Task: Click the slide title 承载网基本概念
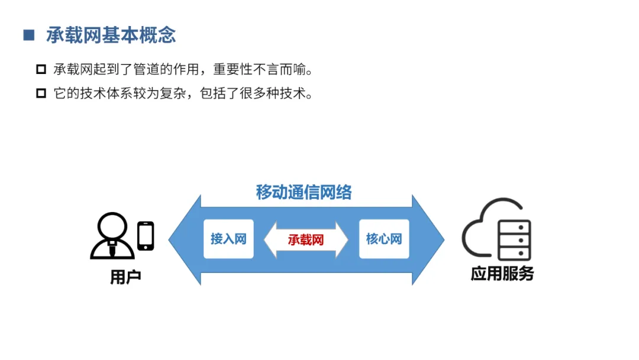point(111,35)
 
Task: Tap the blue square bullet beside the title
point(29,35)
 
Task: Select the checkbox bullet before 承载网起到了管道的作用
point(41,69)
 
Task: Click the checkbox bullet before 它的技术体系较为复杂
point(41,93)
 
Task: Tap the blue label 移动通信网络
point(304,192)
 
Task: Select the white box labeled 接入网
point(228,239)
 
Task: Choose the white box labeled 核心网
point(384,239)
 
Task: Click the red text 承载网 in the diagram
point(306,240)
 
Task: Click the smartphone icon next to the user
point(146,236)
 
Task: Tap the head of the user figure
point(112,226)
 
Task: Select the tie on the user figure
point(112,249)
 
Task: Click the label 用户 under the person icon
point(125,277)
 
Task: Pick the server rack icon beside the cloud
point(514,240)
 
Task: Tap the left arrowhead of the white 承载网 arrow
point(271,240)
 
